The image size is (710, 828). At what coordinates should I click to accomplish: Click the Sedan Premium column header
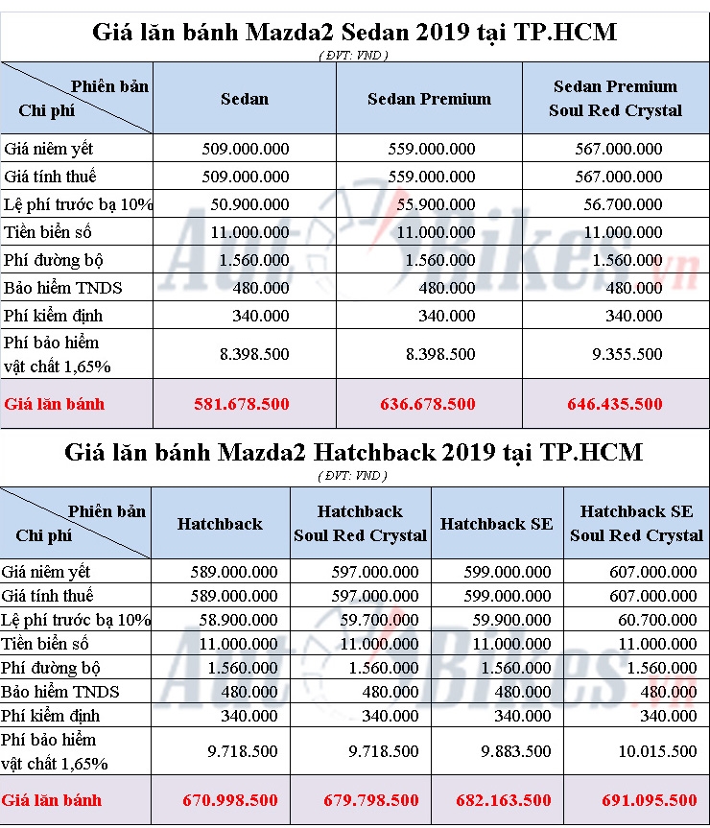click(x=429, y=99)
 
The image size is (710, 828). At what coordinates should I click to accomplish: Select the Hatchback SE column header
click(x=496, y=524)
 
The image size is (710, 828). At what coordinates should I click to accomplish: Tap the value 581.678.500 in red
click(x=246, y=404)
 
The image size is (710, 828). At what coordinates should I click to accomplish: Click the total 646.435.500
click(x=615, y=404)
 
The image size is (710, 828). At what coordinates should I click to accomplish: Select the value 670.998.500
click(x=230, y=800)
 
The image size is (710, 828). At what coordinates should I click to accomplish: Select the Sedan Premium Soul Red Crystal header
click(x=615, y=99)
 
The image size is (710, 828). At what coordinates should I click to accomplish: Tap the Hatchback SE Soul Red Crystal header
click(x=636, y=524)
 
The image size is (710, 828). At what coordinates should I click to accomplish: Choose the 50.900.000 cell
click(x=245, y=204)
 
